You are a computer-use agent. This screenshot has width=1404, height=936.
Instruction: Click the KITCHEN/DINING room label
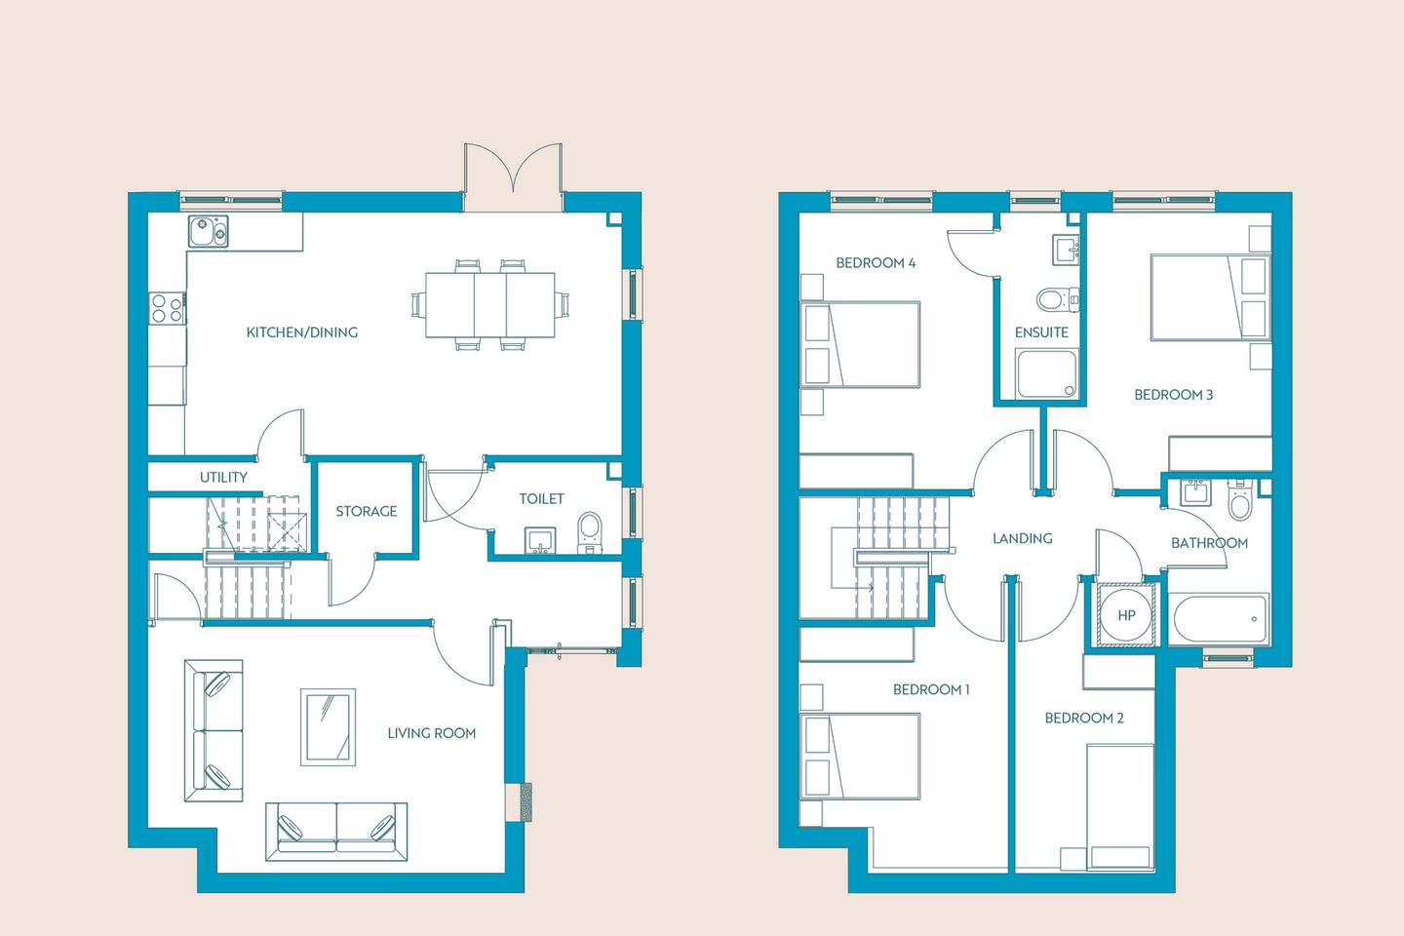[302, 332]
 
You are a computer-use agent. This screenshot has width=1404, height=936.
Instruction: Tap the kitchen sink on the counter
[209, 231]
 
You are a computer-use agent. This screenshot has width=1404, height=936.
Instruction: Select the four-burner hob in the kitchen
[167, 308]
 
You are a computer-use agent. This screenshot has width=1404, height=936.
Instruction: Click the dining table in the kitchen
[490, 304]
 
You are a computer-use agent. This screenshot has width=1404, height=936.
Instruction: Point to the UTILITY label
[223, 477]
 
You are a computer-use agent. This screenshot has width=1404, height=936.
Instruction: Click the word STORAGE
[367, 512]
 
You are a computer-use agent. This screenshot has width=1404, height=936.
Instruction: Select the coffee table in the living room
[328, 727]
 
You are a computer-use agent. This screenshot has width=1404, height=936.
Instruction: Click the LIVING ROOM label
[432, 733]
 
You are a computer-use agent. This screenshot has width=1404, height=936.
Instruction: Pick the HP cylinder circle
[1126, 615]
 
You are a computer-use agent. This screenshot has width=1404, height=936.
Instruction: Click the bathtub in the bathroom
[1220, 619]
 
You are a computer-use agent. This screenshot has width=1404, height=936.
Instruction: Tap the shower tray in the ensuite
[1047, 373]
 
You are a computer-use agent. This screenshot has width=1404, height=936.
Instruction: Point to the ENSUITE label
[1041, 332]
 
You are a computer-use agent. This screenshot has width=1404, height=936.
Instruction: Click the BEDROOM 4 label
[876, 262]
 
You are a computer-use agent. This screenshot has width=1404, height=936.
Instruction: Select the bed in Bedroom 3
[1210, 297]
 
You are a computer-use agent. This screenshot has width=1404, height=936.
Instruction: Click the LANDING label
[1022, 538]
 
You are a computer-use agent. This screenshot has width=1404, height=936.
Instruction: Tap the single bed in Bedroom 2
[1120, 807]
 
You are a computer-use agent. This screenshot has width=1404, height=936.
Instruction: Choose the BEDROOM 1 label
[931, 689]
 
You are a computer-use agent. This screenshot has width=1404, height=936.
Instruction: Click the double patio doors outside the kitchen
[513, 176]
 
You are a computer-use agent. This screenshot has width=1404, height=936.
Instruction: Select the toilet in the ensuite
[1057, 299]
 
